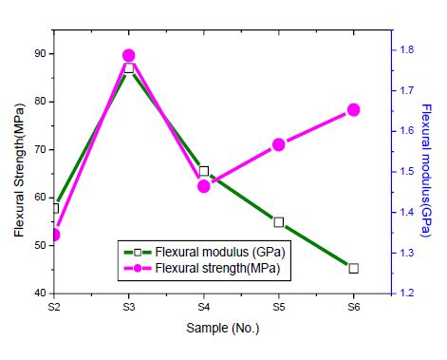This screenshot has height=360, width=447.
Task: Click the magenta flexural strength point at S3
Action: coord(129,56)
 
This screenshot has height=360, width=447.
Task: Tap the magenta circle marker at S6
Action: coord(353,110)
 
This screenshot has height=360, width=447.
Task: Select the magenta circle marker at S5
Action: coord(278,145)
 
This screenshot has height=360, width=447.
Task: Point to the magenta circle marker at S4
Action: coord(203,186)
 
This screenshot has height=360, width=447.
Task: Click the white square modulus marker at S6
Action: coord(353,268)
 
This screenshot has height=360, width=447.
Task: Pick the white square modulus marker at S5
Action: coord(278,222)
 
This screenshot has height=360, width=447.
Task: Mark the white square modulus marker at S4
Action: coord(203,171)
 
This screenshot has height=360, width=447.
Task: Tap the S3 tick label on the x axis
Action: coord(129,308)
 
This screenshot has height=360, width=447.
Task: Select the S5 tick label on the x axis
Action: coord(278,308)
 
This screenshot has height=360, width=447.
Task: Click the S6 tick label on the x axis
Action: coord(353,308)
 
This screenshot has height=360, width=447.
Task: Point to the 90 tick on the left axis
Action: coord(39,53)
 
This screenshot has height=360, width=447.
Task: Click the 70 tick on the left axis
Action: coord(39,150)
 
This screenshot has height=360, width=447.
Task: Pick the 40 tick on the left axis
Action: coord(39,294)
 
